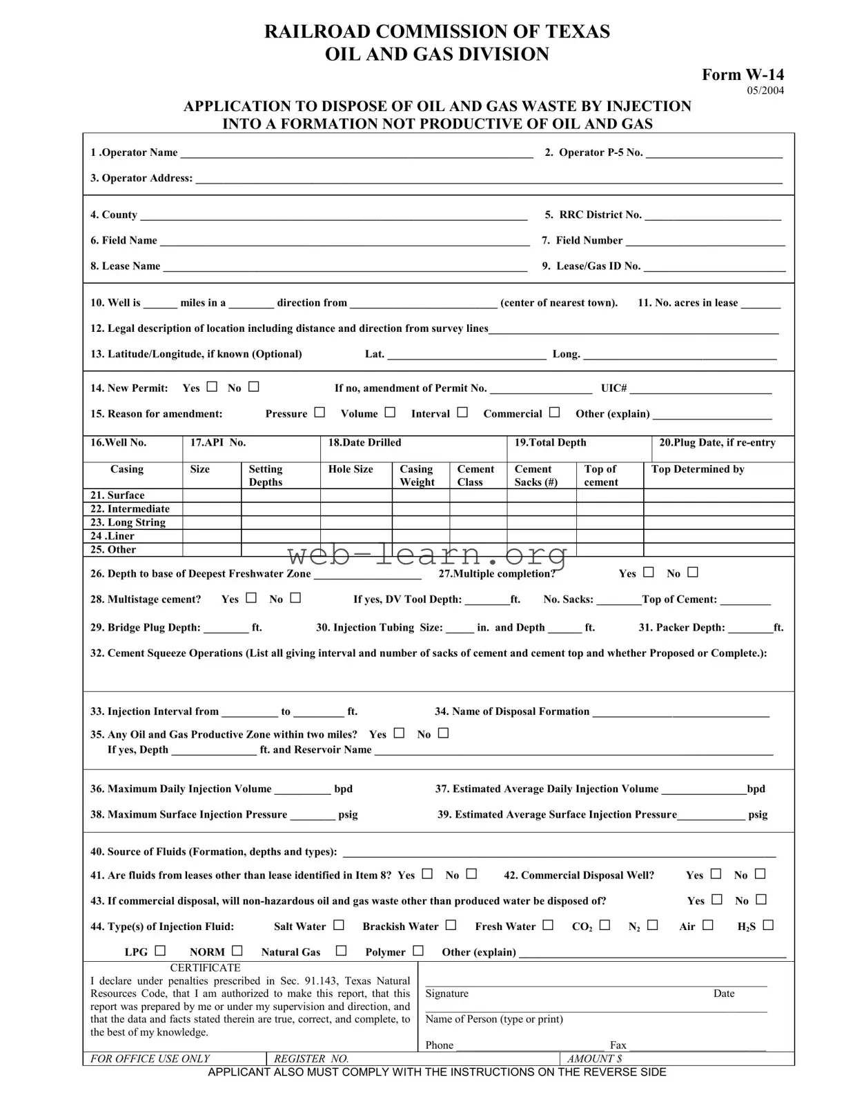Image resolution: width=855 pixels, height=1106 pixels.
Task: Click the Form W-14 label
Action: (x=743, y=75)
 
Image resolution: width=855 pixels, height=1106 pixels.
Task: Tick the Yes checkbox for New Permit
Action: (x=212, y=387)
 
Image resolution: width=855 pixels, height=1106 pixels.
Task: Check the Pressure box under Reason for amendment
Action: (x=320, y=413)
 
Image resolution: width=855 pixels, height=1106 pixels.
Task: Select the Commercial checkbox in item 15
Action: (x=555, y=413)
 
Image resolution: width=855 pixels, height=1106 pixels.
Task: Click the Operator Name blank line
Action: (x=355, y=153)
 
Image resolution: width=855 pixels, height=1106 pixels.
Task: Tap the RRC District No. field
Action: (x=712, y=215)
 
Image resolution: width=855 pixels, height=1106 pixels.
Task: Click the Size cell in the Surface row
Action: (x=212, y=495)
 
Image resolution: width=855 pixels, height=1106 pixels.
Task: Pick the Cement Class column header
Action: (x=476, y=475)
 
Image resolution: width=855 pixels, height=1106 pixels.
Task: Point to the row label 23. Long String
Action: (x=128, y=522)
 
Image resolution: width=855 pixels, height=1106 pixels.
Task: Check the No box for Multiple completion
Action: (x=693, y=573)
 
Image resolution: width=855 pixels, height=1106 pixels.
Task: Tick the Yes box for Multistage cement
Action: (x=251, y=598)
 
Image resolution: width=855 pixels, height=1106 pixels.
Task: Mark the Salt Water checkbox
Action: (x=339, y=925)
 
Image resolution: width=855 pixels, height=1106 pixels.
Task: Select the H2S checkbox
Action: (x=768, y=925)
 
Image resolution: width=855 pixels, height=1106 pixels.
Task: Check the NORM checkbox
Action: (x=237, y=951)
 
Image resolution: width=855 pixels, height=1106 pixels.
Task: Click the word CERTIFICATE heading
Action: (x=205, y=968)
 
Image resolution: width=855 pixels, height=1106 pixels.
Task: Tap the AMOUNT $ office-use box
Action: (x=676, y=1058)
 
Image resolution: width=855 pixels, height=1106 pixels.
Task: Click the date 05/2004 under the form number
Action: (x=765, y=90)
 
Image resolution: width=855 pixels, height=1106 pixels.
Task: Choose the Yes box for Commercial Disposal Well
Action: (x=716, y=874)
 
